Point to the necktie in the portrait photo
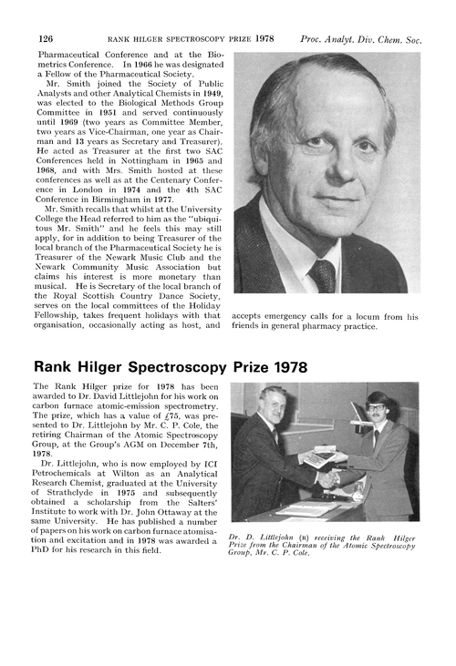click(x=322, y=272)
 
